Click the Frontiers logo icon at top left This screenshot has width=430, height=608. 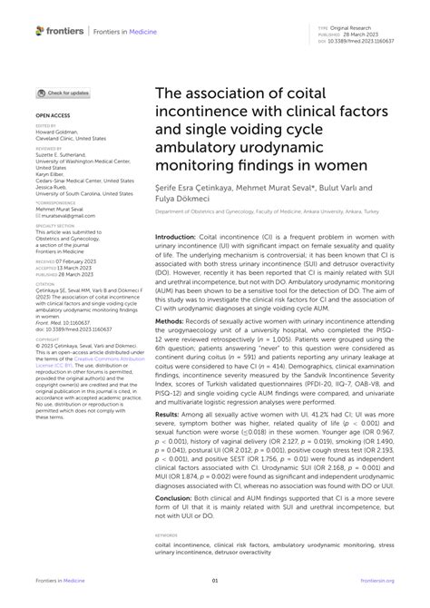40,30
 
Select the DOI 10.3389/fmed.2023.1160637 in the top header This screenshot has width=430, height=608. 367,42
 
